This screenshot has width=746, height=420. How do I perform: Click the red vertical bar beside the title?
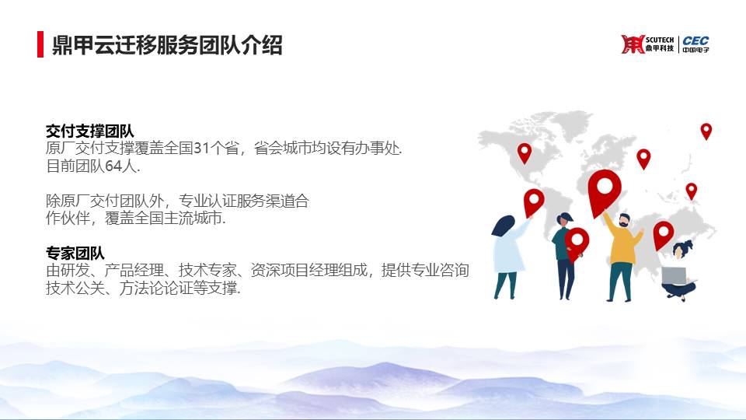tap(40, 44)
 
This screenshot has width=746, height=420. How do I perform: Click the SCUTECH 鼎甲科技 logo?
tap(647, 44)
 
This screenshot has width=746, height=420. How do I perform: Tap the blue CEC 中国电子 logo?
tap(695, 44)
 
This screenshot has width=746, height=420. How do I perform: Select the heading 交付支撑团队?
tap(90, 131)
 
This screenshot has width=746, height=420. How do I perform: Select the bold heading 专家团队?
tap(75, 253)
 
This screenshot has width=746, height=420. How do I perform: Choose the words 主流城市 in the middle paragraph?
tap(193, 218)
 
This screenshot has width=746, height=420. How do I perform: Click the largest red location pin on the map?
tap(605, 191)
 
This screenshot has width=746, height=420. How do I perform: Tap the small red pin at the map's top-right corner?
tap(706, 131)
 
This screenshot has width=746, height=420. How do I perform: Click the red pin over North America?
tap(525, 153)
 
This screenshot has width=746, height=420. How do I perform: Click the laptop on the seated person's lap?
tap(675, 275)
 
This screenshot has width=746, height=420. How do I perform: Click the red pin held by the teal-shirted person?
tap(577, 243)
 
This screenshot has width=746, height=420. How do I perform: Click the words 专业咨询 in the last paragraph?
tap(440, 270)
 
